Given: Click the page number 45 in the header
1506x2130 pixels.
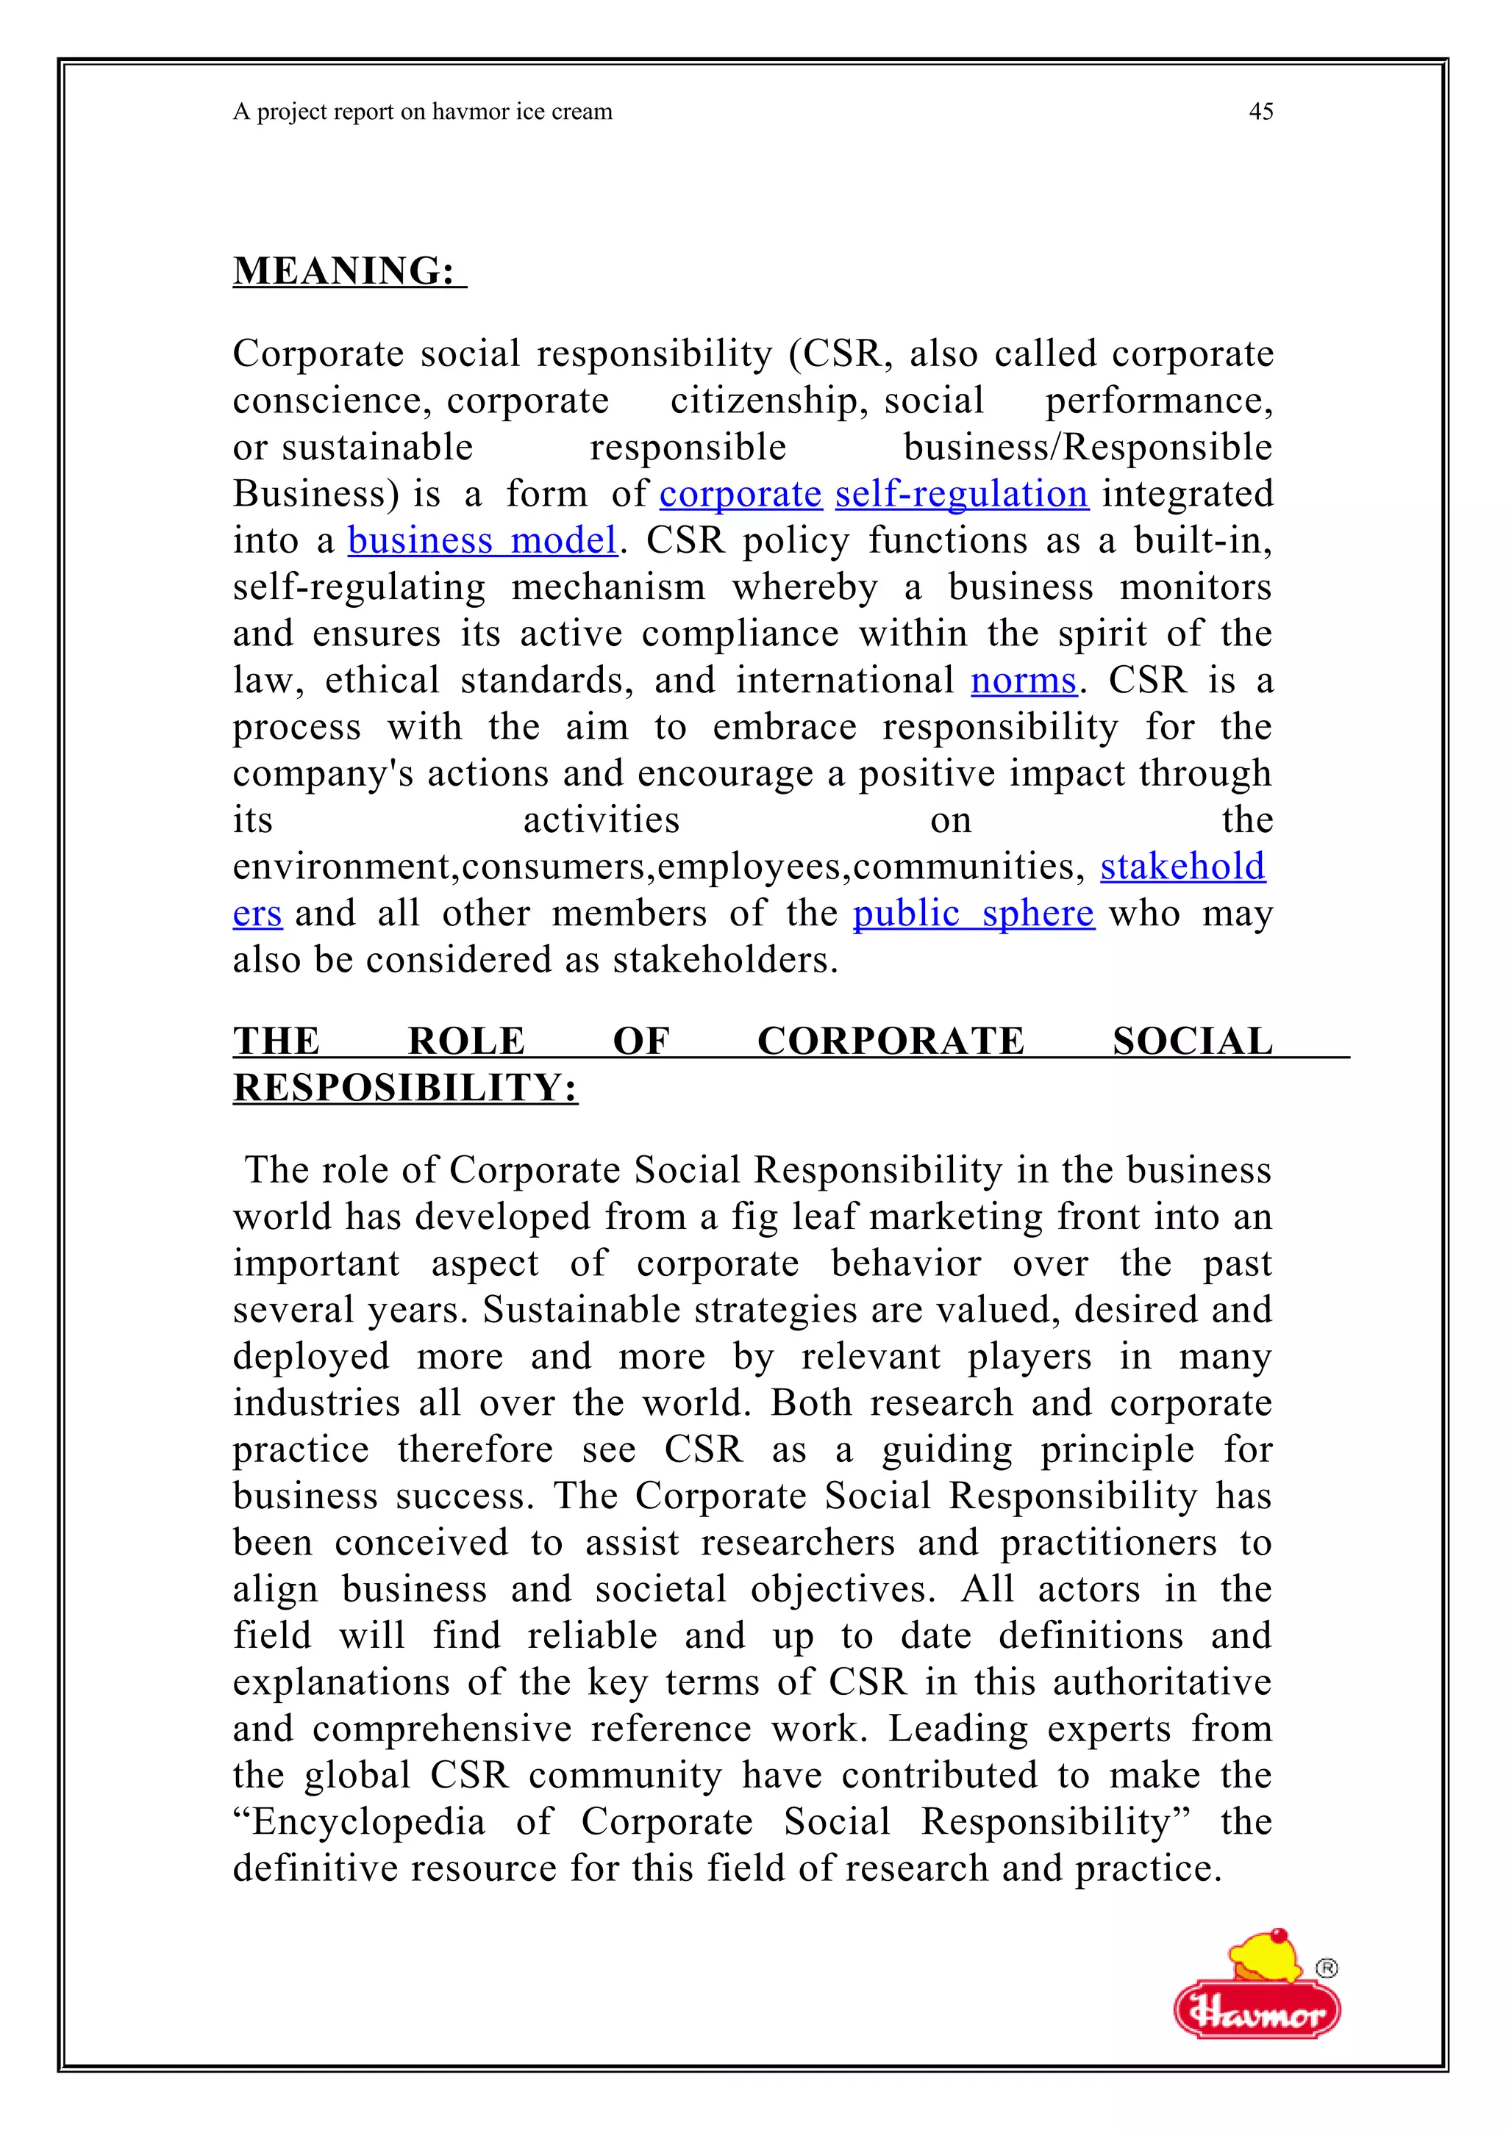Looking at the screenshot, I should [1260, 112].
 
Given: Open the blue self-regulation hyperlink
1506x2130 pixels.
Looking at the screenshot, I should [961, 493].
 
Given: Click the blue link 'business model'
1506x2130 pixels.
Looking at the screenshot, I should [482, 541].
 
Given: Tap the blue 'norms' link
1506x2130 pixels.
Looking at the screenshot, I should [1024, 681].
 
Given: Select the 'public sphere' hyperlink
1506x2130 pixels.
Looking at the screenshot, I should [974, 914].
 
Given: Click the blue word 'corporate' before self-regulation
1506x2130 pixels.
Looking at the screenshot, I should [740, 493].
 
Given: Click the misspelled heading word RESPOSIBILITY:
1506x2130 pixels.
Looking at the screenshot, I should [405, 1089].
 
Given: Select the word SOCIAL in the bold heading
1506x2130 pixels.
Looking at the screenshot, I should [1192, 1041].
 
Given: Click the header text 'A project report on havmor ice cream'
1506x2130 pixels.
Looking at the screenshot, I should [423, 112].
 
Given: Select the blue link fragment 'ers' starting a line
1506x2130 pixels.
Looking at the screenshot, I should [257, 914].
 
